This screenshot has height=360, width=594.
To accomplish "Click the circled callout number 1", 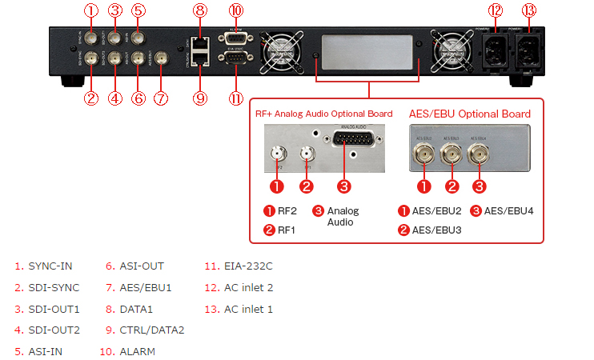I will click(x=91, y=10).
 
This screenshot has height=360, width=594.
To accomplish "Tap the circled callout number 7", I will click(x=162, y=98).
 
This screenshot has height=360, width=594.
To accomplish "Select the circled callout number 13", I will click(x=528, y=10).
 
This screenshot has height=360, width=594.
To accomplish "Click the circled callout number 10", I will click(x=235, y=10).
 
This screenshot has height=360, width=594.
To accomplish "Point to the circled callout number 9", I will click(x=200, y=98).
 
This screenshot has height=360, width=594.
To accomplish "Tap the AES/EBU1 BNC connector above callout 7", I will click(x=162, y=58).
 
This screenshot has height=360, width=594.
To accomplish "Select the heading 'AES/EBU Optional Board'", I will click(x=469, y=114).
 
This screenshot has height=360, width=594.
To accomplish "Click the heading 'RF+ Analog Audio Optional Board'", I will click(x=323, y=114).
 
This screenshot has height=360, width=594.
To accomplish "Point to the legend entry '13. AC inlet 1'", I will click(x=239, y=309).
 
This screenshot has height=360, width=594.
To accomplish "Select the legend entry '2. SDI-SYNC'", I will click(x=46, y=287).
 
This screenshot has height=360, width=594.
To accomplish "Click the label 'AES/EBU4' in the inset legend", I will click(x=510, y=210).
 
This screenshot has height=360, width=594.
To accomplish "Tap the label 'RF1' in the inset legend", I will click(x=286, y=230).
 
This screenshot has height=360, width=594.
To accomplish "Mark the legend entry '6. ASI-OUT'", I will click(x=135, y=266).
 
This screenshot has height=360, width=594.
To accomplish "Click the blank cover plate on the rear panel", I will click(x=369, y=50).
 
